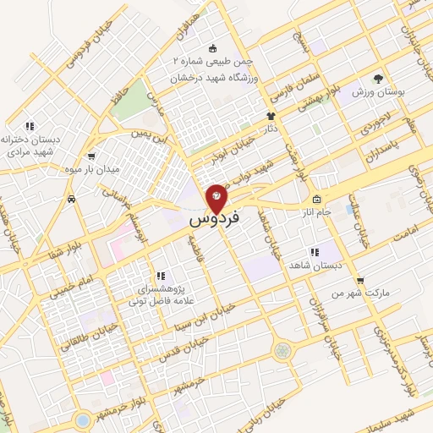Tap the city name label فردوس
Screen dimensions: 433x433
pyautogui.click(x=214, y=219)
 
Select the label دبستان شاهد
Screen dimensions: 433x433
pyautogui.click(x=314, y=265)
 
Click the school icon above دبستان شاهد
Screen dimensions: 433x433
pyautogui.click(x=314, y=252)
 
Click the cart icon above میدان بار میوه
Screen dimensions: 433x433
pyautogui.click(x=91, y=156)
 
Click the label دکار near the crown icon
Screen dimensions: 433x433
pyautogui.click(x=271, y=129)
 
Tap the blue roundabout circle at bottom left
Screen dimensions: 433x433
pyautogui.click(x=82, y=419)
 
